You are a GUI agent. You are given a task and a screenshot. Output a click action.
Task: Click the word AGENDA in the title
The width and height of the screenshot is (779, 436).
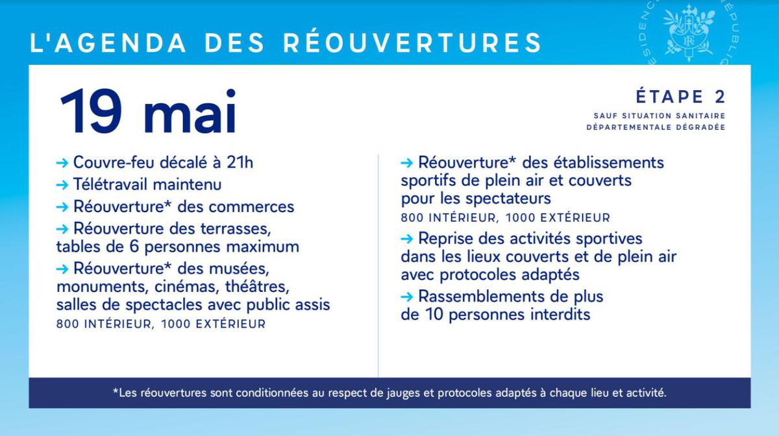120,43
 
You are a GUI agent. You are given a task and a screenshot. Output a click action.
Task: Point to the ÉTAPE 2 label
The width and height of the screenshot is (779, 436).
680,97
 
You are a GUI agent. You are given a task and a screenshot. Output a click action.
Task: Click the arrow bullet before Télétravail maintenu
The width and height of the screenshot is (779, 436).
62,185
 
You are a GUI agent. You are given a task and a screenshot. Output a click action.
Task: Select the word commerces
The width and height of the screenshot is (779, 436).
251,207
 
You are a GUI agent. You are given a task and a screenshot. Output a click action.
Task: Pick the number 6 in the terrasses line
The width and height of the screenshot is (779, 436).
134,247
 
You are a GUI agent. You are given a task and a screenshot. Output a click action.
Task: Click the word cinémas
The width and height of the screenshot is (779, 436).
186,287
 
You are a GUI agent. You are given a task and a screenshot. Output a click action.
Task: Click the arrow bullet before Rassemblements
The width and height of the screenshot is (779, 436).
406,297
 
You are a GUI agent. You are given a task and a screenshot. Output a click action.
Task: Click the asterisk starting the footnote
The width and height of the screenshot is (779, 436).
116,391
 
